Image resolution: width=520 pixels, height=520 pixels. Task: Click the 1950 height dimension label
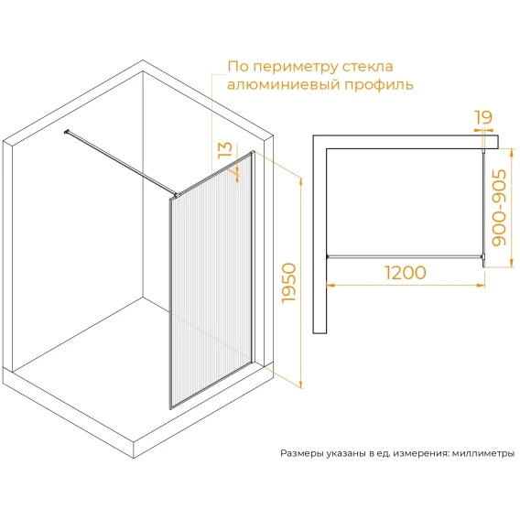(x=288, y=283)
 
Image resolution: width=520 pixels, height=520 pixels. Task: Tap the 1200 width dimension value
(x=406, y=273)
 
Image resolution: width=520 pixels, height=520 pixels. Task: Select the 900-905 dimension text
(x=499, y=208)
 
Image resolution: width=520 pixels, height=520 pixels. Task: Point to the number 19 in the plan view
(x=483, y=117)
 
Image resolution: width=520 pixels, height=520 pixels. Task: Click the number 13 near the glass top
(x=226, y=150)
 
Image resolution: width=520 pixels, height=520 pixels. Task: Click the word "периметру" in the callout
(x=296, y=68)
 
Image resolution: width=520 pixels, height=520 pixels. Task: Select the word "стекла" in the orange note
(x=368, y=67)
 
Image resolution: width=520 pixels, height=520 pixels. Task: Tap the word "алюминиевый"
(x=284, y=84)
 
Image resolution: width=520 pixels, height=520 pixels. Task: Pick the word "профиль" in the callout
(x=379, y=85)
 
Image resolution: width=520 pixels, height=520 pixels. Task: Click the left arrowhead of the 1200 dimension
(x=330, y=285)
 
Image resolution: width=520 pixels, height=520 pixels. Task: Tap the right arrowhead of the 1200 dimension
(x=481, y=285)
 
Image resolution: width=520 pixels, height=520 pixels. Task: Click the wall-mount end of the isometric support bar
(x=66, y=132)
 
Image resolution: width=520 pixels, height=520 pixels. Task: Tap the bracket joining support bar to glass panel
(x=176, y=196)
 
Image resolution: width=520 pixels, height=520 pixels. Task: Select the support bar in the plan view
(x=405, y=256)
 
